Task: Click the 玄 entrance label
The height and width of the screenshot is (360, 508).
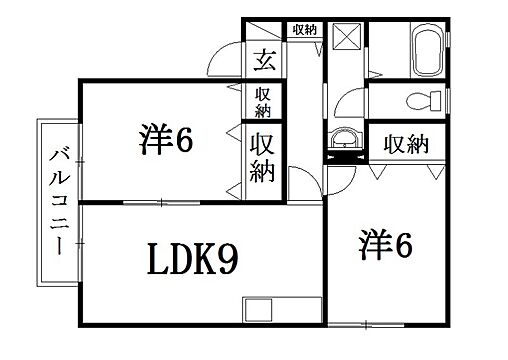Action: pyautogui.click(x=265, y=59)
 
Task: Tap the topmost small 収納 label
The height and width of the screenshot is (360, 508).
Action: pyautogui.click(x=304, y=29)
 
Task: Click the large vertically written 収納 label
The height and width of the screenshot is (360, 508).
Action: pyautogui.click(x=264, y=157)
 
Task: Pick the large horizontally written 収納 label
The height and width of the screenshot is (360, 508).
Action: pyautogui.click(x=405, y=143)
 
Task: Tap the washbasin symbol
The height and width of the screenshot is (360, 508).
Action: pyautogui.click(x=345, y=138)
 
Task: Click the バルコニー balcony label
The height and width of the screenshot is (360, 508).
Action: pyautogui.click(x=57, y=199)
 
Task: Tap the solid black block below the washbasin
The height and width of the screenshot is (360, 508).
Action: pyautogui.click(x=344, y=156)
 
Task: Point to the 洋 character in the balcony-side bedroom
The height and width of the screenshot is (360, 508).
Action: pyautogui.click(x=154, y=140)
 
